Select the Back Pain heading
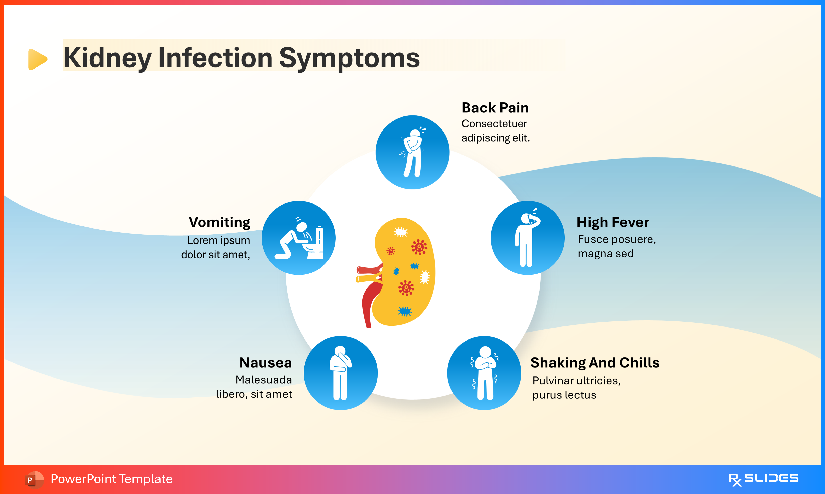point(495,108)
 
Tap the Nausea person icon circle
point(340,373)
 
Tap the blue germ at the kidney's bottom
point(405,311)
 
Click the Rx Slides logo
point(763,479)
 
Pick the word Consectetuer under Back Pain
point(494,124)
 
